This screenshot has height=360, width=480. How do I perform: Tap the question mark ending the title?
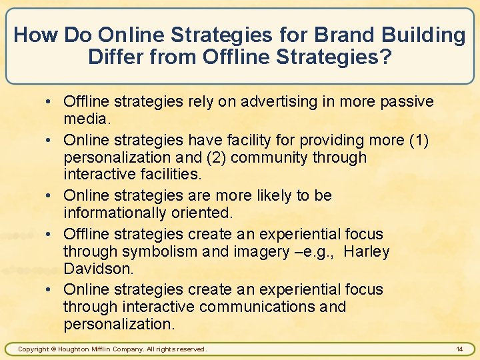385,56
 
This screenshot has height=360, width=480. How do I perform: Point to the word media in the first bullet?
85,119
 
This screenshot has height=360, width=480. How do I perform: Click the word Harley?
367,251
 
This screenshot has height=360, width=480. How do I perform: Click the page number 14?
459,349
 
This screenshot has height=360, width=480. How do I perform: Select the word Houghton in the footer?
77,349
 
